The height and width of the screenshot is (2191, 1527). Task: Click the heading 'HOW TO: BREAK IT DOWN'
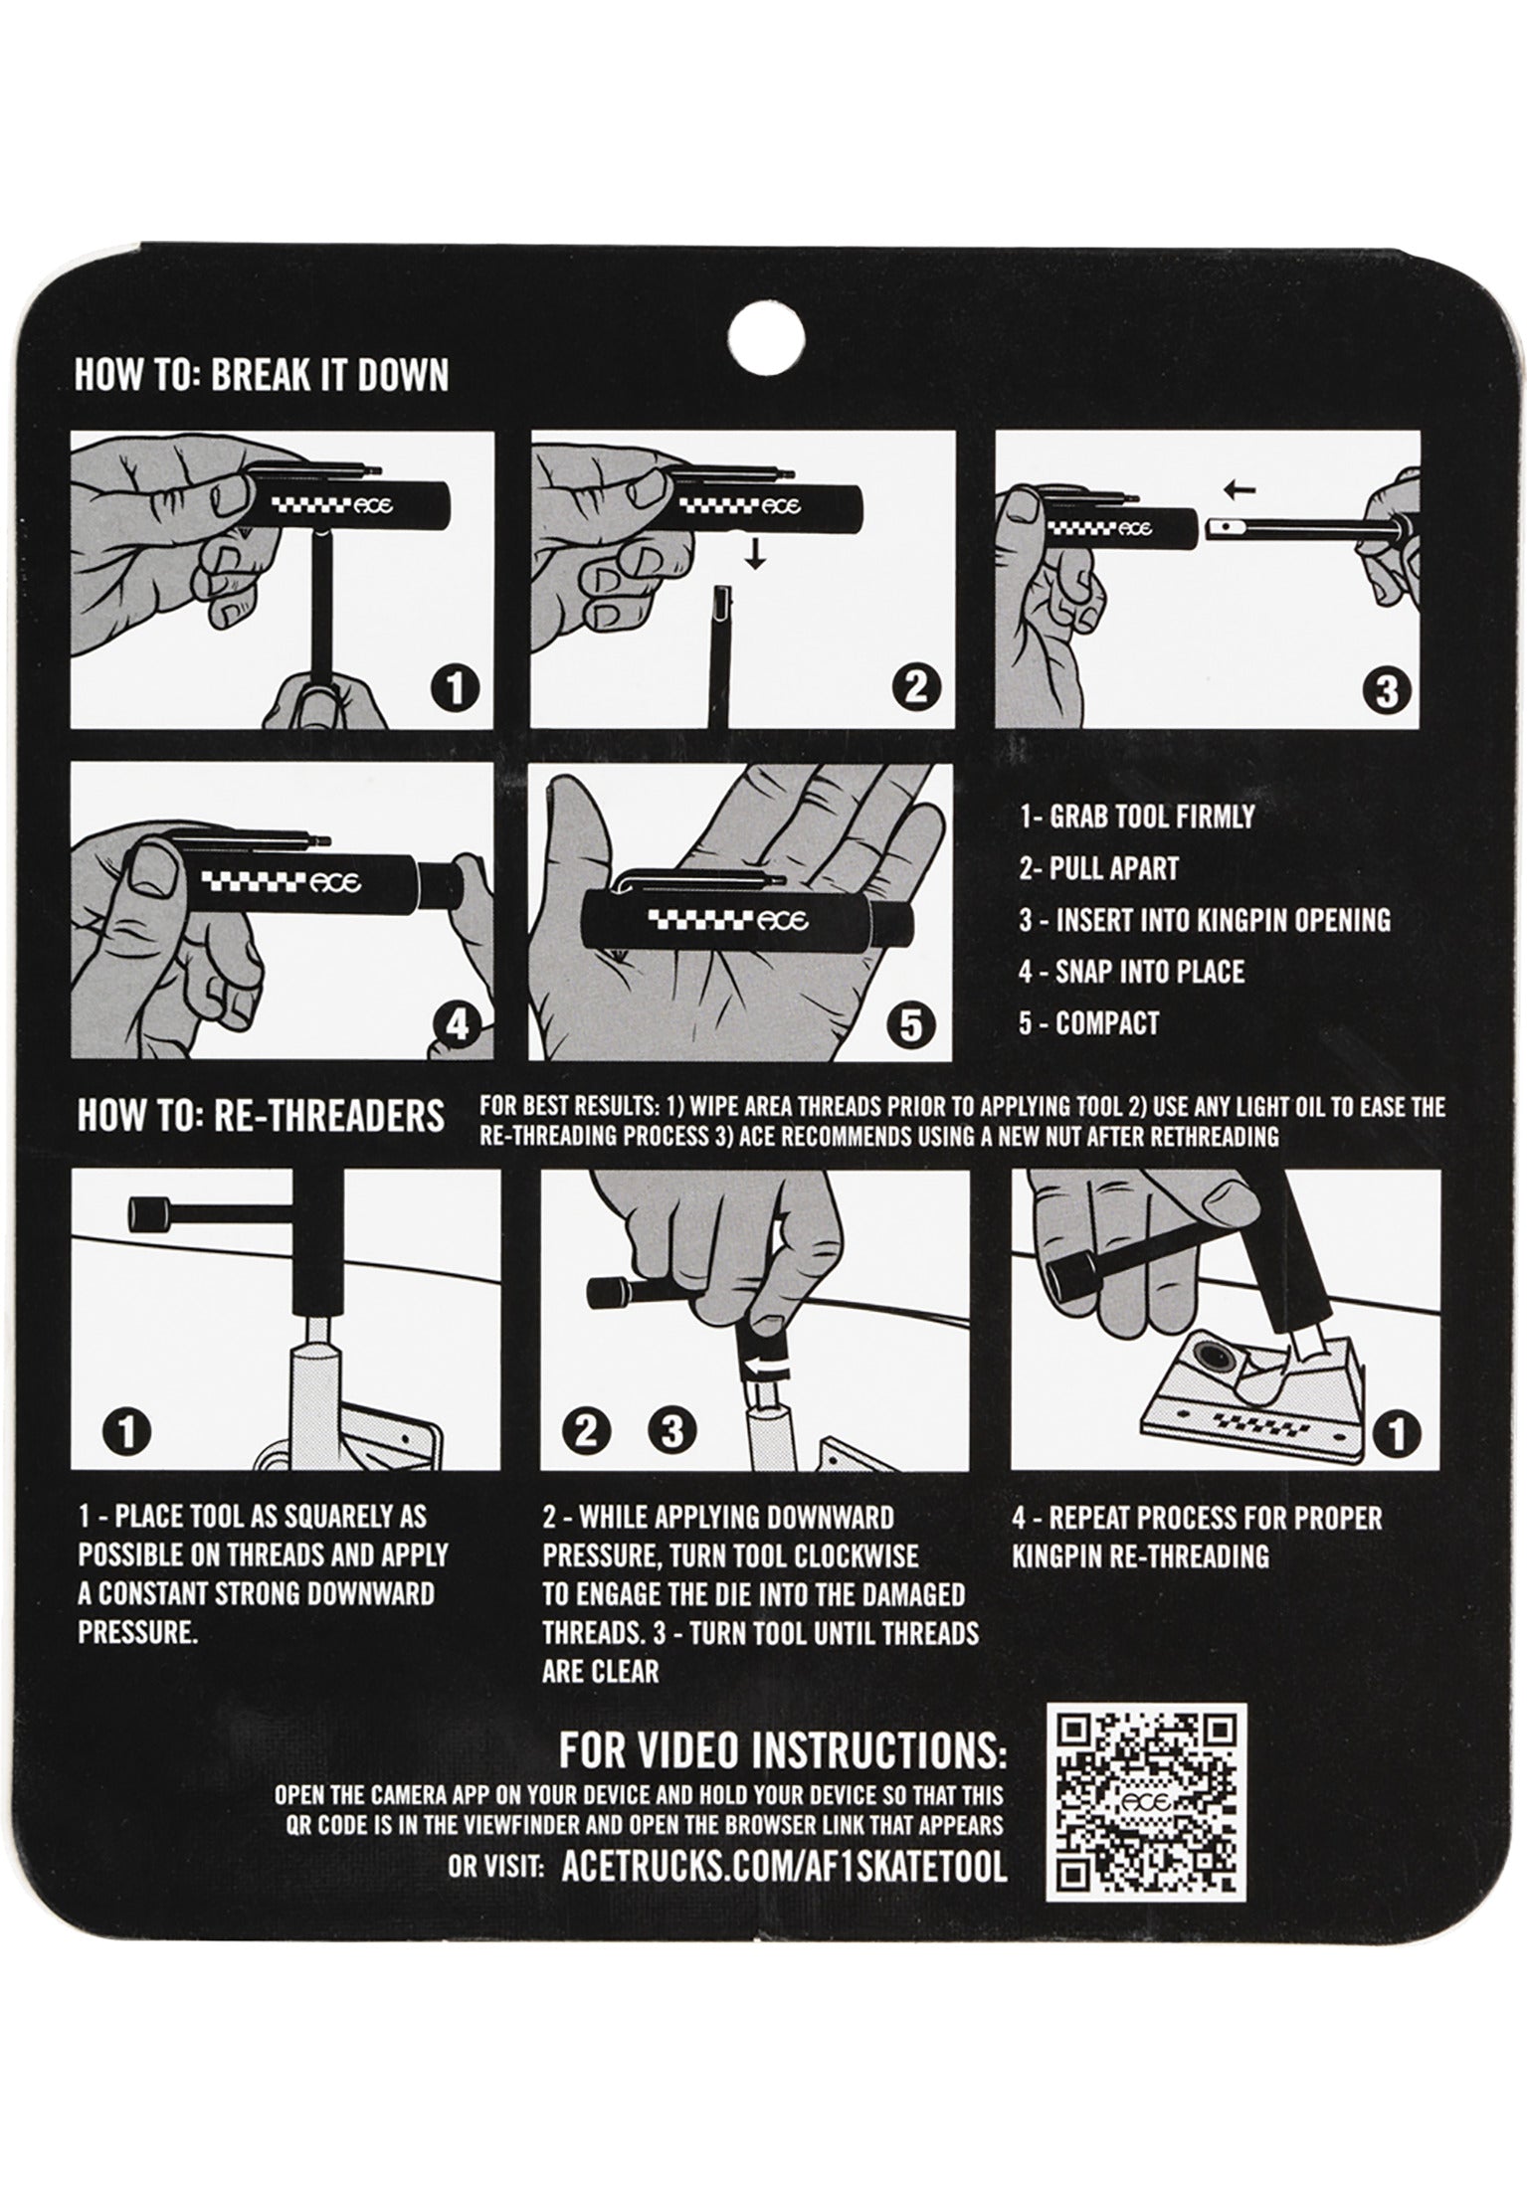pyautogui.click(x=262, y=376)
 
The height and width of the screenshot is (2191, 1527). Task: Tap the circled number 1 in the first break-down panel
pyautogui.click(x=454, y=688)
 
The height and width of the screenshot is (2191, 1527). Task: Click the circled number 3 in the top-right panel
pyautogui.click(x=1386, y=688)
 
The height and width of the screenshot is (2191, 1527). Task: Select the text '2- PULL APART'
pyautogui.click(x=1098, y=868)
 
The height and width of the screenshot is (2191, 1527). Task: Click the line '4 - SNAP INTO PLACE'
pyautogui.click(x=1131, y=971)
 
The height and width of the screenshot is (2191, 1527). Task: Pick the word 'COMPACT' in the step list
pyautogui.click(x=1107, y=1022)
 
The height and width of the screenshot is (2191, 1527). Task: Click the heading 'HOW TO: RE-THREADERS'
pyautogui.click(x=261, y=1116)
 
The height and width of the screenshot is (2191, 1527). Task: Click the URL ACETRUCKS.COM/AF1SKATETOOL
pyautogui.click(x=784, y=1867)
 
